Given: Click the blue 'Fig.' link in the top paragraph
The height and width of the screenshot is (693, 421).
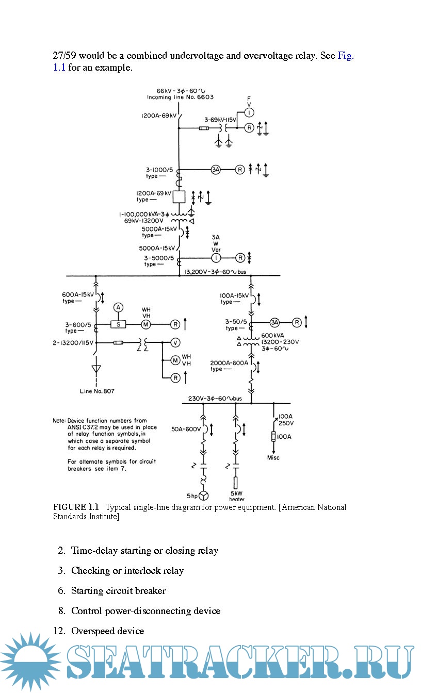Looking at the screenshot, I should (x=345, y=56).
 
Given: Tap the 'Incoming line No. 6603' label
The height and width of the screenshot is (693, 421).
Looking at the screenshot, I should (x=180, y=97).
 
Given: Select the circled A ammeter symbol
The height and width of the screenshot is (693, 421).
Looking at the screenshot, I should (x=118, y=308).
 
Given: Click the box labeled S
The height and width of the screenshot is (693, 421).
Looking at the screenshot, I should (x=118, y=324).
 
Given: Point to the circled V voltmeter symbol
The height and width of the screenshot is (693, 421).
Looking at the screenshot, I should (x=175, y=342).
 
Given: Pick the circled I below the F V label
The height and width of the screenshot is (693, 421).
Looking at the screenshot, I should (x=249, y=112).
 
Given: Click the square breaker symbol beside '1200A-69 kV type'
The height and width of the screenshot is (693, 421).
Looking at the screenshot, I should (x=179, y=197).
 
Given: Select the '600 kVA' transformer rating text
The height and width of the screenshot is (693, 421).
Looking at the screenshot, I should (x=271, y=335).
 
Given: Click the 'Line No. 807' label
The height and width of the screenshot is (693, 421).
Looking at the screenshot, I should (x=97, y=391).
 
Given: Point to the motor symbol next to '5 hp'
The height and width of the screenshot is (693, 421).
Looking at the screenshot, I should (x=204, y=496).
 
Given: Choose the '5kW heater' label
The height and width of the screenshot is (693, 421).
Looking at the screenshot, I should (x=237, y=496).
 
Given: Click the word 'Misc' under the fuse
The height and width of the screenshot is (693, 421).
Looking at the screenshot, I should (x=273, y=458).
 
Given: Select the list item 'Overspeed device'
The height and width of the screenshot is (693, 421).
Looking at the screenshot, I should (x=107, y=631).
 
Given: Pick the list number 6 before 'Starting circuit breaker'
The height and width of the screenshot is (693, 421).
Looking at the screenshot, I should (x=61, y=591).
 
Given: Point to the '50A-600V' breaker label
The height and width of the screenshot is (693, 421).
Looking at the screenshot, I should (x=186, y=429).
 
